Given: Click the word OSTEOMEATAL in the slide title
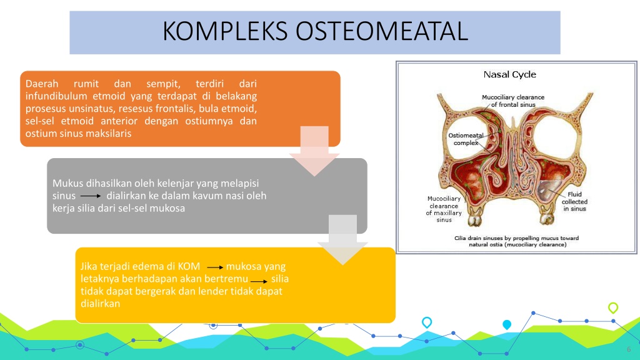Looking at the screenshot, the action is pos(382,31).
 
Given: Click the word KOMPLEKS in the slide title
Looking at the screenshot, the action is pos(225,31).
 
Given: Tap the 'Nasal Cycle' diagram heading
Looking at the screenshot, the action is pos(509,74).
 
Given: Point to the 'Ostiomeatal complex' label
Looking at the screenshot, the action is pos(466,139).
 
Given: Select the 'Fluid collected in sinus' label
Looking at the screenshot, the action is pos(574,202).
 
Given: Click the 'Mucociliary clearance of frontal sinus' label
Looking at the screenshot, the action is pos(513,101).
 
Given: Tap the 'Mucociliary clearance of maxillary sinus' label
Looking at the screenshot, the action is pos(444,209).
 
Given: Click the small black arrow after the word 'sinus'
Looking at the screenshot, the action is pos(91,196).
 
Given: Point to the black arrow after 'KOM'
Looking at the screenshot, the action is pos(215,267).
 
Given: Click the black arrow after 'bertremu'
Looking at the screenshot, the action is pos(259,281).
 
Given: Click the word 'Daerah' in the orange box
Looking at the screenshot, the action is pos(42,84).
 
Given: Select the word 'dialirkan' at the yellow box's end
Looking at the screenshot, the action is pos(101,304).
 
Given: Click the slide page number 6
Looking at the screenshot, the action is pos(629,349).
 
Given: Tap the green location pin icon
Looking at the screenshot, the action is pos(612,307).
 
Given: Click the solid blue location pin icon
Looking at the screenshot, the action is pos(506,324).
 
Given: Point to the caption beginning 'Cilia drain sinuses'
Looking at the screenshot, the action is pos(517,241).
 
